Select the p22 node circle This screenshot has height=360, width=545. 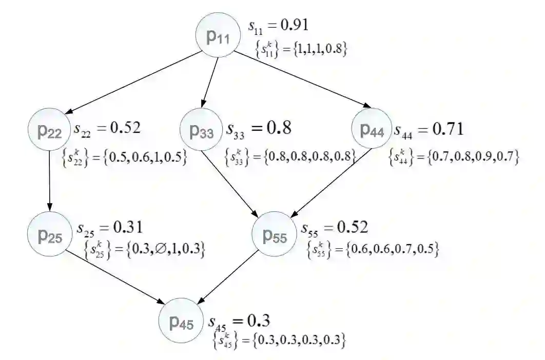pyautogui.click(x=49, y=132)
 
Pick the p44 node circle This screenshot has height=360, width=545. pyautogui.click(x=372, y=130)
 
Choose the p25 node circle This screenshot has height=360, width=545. pyautogui.click(x=50, y=234)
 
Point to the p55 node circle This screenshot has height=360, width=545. pyautogui.click(x=275, y=235)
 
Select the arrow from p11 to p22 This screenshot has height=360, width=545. pyautogui.click(x=134, y=84)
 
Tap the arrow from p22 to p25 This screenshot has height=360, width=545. pyautogui.click(x=49, y=182)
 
